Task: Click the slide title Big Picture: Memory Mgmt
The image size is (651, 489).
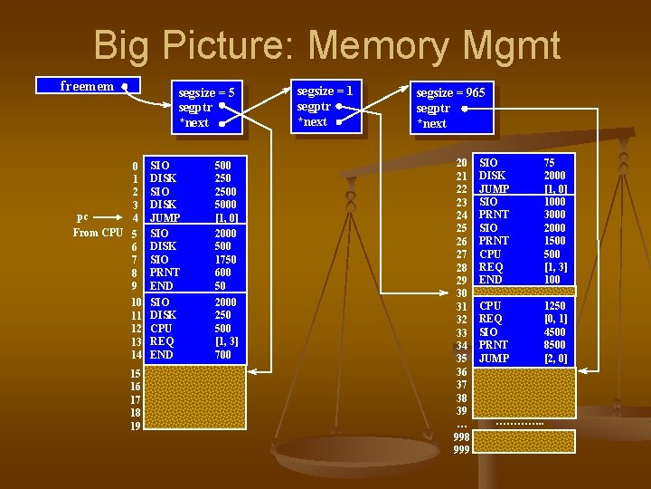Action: pyautogui.click(x=326, y=45)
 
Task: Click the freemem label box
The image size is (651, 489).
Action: pyautogui.click(x=87, y=86)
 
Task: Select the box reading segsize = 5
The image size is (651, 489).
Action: pyautogui.click(x=207, y=108)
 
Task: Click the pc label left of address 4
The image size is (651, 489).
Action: pyautogui.click(x=83, y=217)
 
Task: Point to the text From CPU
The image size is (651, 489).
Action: pyautogui.click(x=98, y=233)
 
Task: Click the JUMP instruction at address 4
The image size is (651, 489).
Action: pyautogui.click(x=165, y=218)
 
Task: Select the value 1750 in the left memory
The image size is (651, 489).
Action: pyautogui.click(x=226, y=260)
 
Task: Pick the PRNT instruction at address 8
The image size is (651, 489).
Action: pyautogui.click(x=165, y=273)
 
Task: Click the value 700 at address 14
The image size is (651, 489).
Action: pyautogui.click(x=223, y=355)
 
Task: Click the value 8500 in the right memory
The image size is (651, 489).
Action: pyautogui.click(x=555, y=345)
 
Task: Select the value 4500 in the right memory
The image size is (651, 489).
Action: pyautogui.click(x=555, y=332)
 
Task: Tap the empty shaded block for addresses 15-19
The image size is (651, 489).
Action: pyautogui.click(x=195, y=398)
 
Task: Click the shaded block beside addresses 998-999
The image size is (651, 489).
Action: pyautogui.click(x=525, y=441)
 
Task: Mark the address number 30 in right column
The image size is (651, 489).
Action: pyautogui.click(x=461, y=293)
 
